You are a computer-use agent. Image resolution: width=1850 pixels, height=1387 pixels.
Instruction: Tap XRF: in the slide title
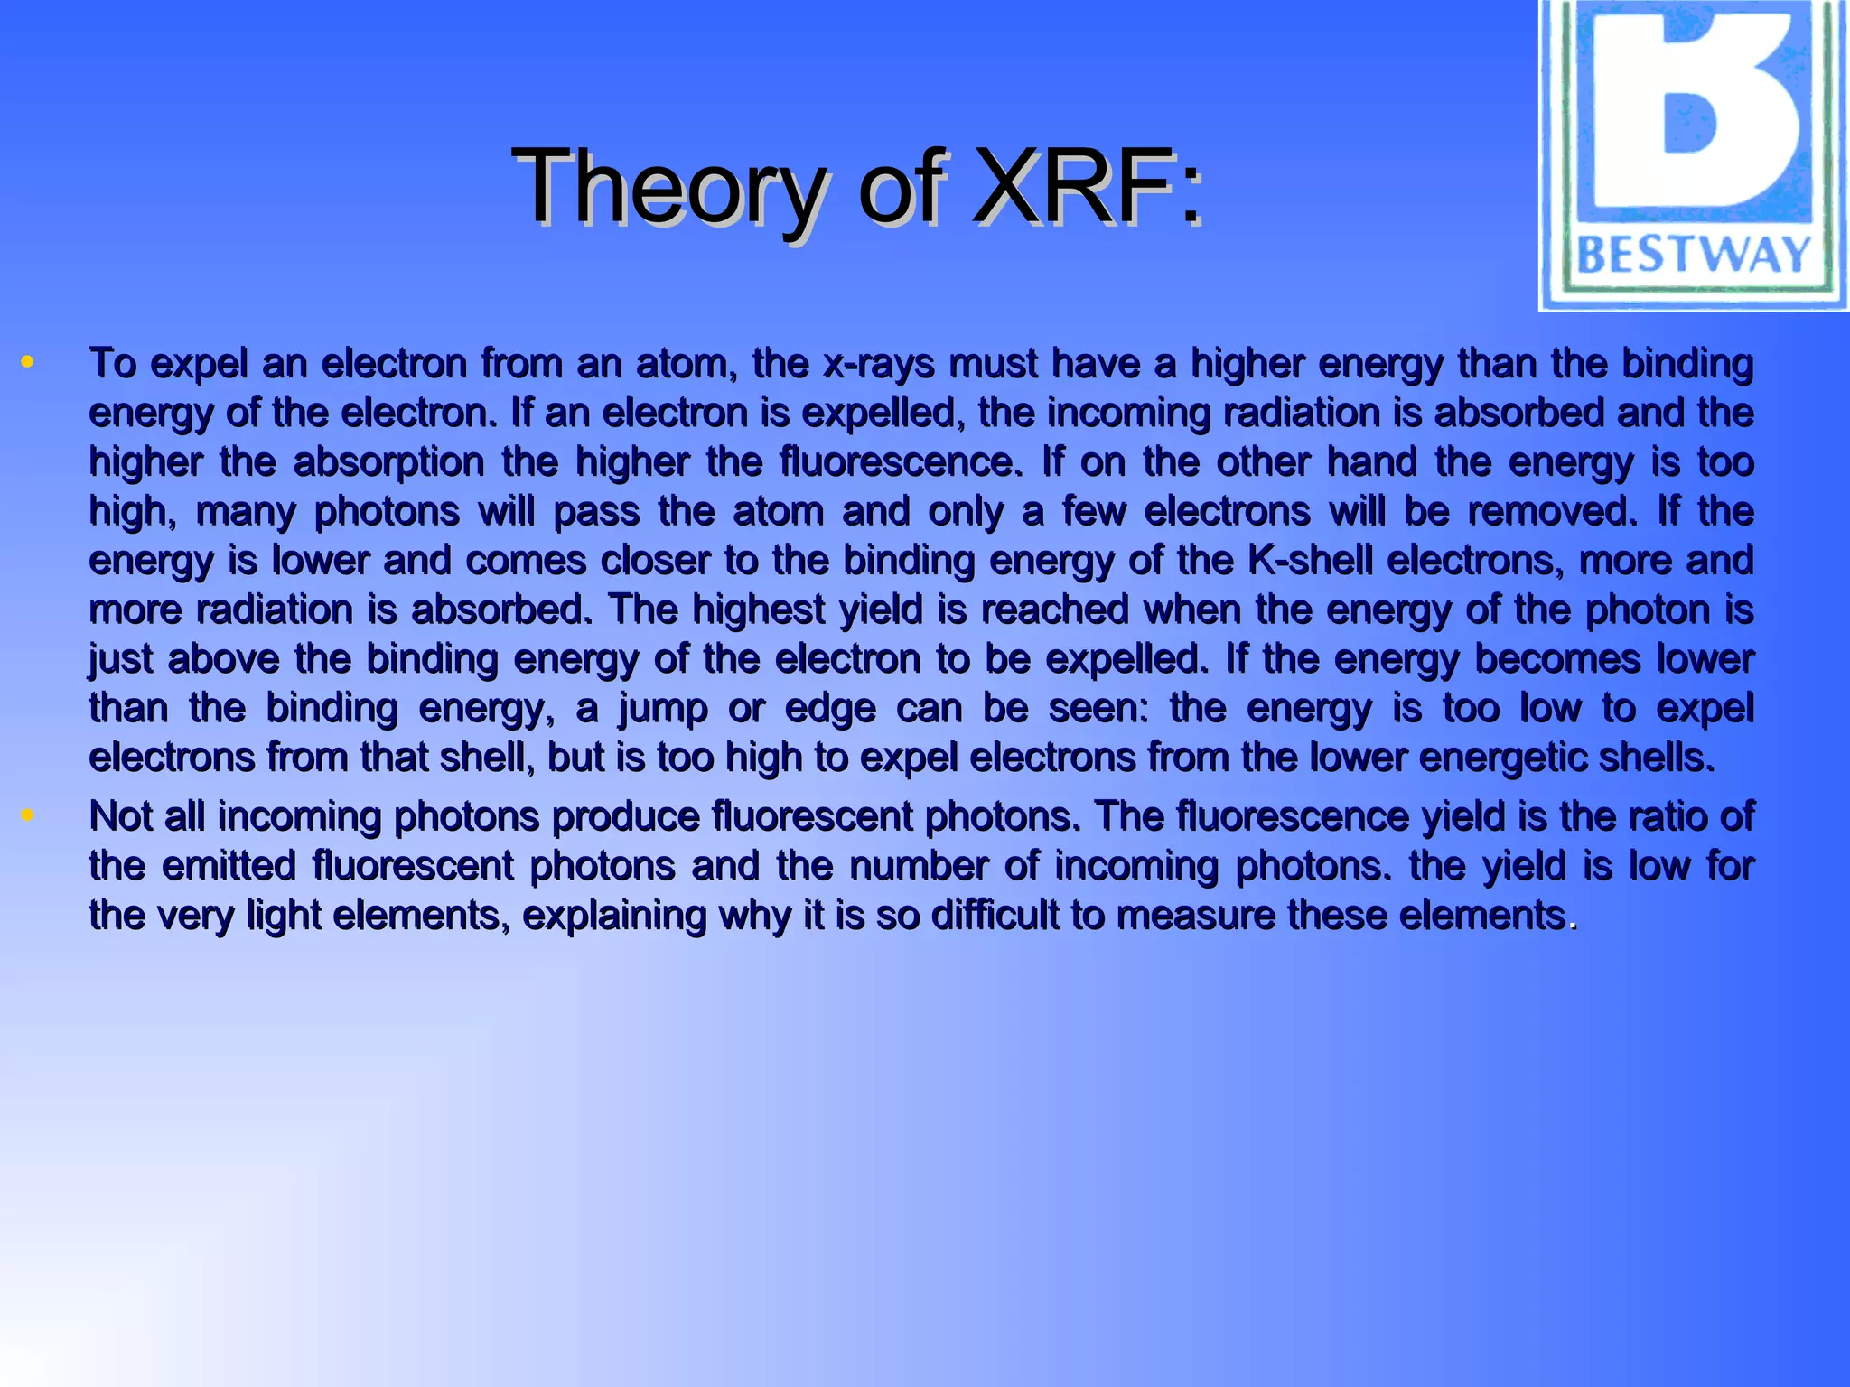[1089, 187]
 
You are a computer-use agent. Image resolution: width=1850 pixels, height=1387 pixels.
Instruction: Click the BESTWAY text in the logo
[1694, 255]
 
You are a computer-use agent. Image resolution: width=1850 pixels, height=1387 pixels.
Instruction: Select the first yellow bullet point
[27, 363]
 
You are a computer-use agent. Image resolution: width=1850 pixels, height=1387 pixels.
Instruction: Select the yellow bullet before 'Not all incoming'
[27, 815]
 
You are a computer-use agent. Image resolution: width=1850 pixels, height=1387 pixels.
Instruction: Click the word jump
[662, 709]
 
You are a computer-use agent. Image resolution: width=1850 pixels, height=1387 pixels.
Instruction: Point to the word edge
[829, 709]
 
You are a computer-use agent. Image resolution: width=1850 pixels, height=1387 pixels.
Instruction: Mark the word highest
[758, 610]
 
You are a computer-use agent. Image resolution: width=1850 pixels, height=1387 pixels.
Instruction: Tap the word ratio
[1660, 817]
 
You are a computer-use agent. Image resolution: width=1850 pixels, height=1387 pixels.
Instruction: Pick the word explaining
[613, 916]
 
